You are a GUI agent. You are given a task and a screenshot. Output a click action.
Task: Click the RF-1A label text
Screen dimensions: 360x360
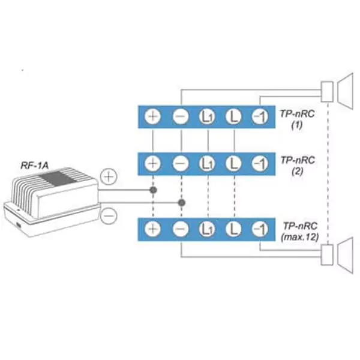[35, 166]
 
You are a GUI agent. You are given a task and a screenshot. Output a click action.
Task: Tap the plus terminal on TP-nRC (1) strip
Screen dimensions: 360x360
[152, 116]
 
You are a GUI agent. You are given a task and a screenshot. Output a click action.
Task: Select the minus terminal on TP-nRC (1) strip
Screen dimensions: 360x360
[181, 116]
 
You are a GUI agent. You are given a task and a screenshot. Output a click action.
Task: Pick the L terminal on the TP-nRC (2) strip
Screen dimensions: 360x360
[233, 163]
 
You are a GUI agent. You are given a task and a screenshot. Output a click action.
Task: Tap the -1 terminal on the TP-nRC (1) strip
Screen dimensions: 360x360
[260, 116]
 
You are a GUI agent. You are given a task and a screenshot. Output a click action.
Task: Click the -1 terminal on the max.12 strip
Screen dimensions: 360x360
[260, 229]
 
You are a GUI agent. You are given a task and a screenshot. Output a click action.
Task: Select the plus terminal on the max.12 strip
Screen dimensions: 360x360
[152, 229]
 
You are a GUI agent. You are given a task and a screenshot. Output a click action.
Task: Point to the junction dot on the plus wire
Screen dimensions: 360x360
[153, 190]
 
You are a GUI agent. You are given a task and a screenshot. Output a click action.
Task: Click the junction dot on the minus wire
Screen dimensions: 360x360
[182, 203]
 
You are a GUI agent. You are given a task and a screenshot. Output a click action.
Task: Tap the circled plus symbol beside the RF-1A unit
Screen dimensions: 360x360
[109, 177]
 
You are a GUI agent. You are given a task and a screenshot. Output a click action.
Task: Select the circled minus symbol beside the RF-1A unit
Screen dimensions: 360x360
[109, 216]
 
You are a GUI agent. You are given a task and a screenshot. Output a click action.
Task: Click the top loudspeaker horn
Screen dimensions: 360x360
[346, 92]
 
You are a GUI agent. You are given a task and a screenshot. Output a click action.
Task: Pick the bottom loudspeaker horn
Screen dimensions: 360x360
[346, 256]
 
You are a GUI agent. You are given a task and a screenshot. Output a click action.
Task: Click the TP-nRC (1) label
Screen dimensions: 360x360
[297, 119]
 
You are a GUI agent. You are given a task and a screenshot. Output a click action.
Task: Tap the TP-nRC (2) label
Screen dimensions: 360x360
[298, 166]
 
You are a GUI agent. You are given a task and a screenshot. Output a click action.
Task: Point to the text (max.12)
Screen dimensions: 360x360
[300, 237]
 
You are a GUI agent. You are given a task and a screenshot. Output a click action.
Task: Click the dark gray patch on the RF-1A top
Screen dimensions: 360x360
[58, 178]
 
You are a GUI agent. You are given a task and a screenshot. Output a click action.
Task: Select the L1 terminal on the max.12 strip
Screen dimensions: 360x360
[208, 229]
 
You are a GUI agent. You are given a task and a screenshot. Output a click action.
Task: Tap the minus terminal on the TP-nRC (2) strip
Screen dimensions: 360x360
[181, 163]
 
